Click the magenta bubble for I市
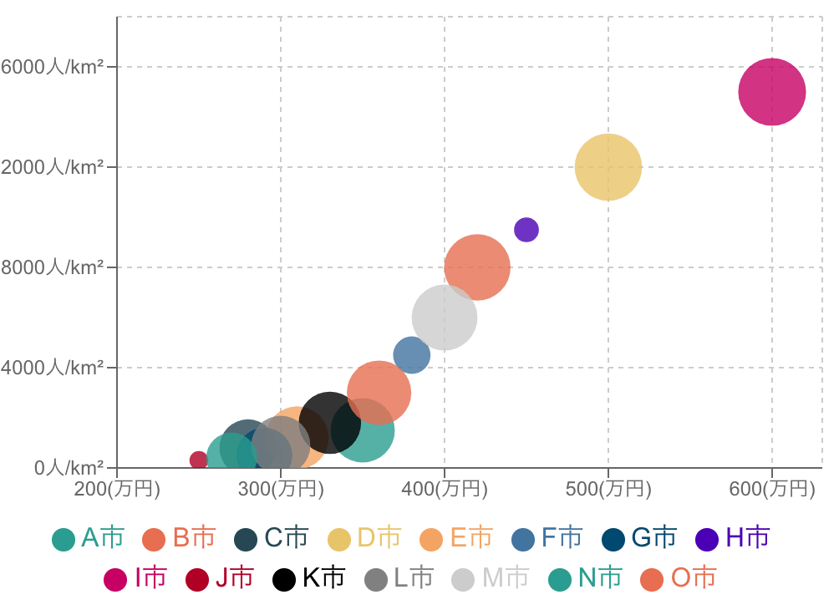coord(771,92)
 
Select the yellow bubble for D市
coord(608,167)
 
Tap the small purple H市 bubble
coord(526,229)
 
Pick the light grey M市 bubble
coord(445,318)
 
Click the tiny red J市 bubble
coord(198,460)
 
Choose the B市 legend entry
coord(180,538)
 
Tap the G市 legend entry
coord(639,538)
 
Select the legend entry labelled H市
coord(733,538)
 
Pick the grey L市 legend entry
coord(399,578)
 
